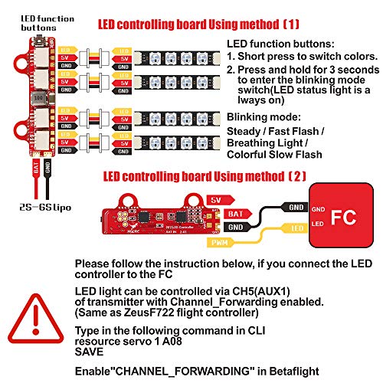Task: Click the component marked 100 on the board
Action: (x=35, y=99)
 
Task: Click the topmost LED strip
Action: (x=180, y=57)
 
